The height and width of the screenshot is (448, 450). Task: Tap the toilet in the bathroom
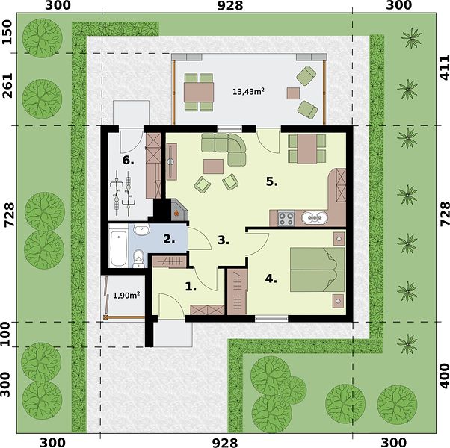click(139, 258)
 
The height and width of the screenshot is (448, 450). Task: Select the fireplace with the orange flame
click(179, 211)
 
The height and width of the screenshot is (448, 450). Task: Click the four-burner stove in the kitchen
click(286, 219)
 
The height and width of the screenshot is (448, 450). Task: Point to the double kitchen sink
click(315, 217)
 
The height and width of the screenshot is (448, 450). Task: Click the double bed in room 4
click(317, 270)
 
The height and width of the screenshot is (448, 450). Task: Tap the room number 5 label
click(271, 181)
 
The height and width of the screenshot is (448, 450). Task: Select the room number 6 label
click(128, 161)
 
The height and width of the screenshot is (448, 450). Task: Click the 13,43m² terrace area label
click(248, 92)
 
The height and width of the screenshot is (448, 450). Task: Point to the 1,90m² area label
click(126, 295)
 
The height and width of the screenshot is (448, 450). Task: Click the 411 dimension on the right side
click(444, 68)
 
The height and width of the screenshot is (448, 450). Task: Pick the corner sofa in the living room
click(224, 149)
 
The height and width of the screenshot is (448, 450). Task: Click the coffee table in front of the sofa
click(213, 167)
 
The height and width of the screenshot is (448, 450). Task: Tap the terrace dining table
click(199, 92)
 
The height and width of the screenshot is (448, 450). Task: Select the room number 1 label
click(191, 286)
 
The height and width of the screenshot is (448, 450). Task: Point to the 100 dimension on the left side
click(6, 335)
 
